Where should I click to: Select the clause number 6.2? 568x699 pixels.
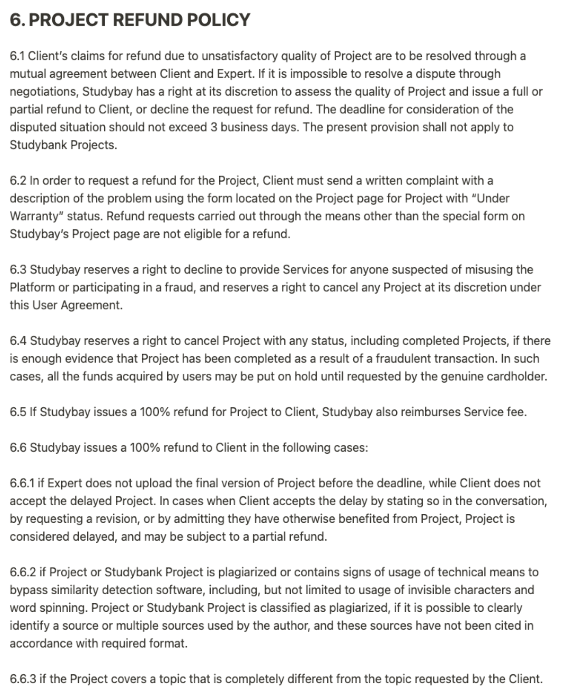coord(18,180)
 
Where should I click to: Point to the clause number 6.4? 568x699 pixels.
coord(18,341)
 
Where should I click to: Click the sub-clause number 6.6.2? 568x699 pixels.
coord(23,572)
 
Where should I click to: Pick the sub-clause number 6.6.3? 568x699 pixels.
coord(23,679)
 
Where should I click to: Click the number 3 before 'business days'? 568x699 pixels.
coord(214,127)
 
